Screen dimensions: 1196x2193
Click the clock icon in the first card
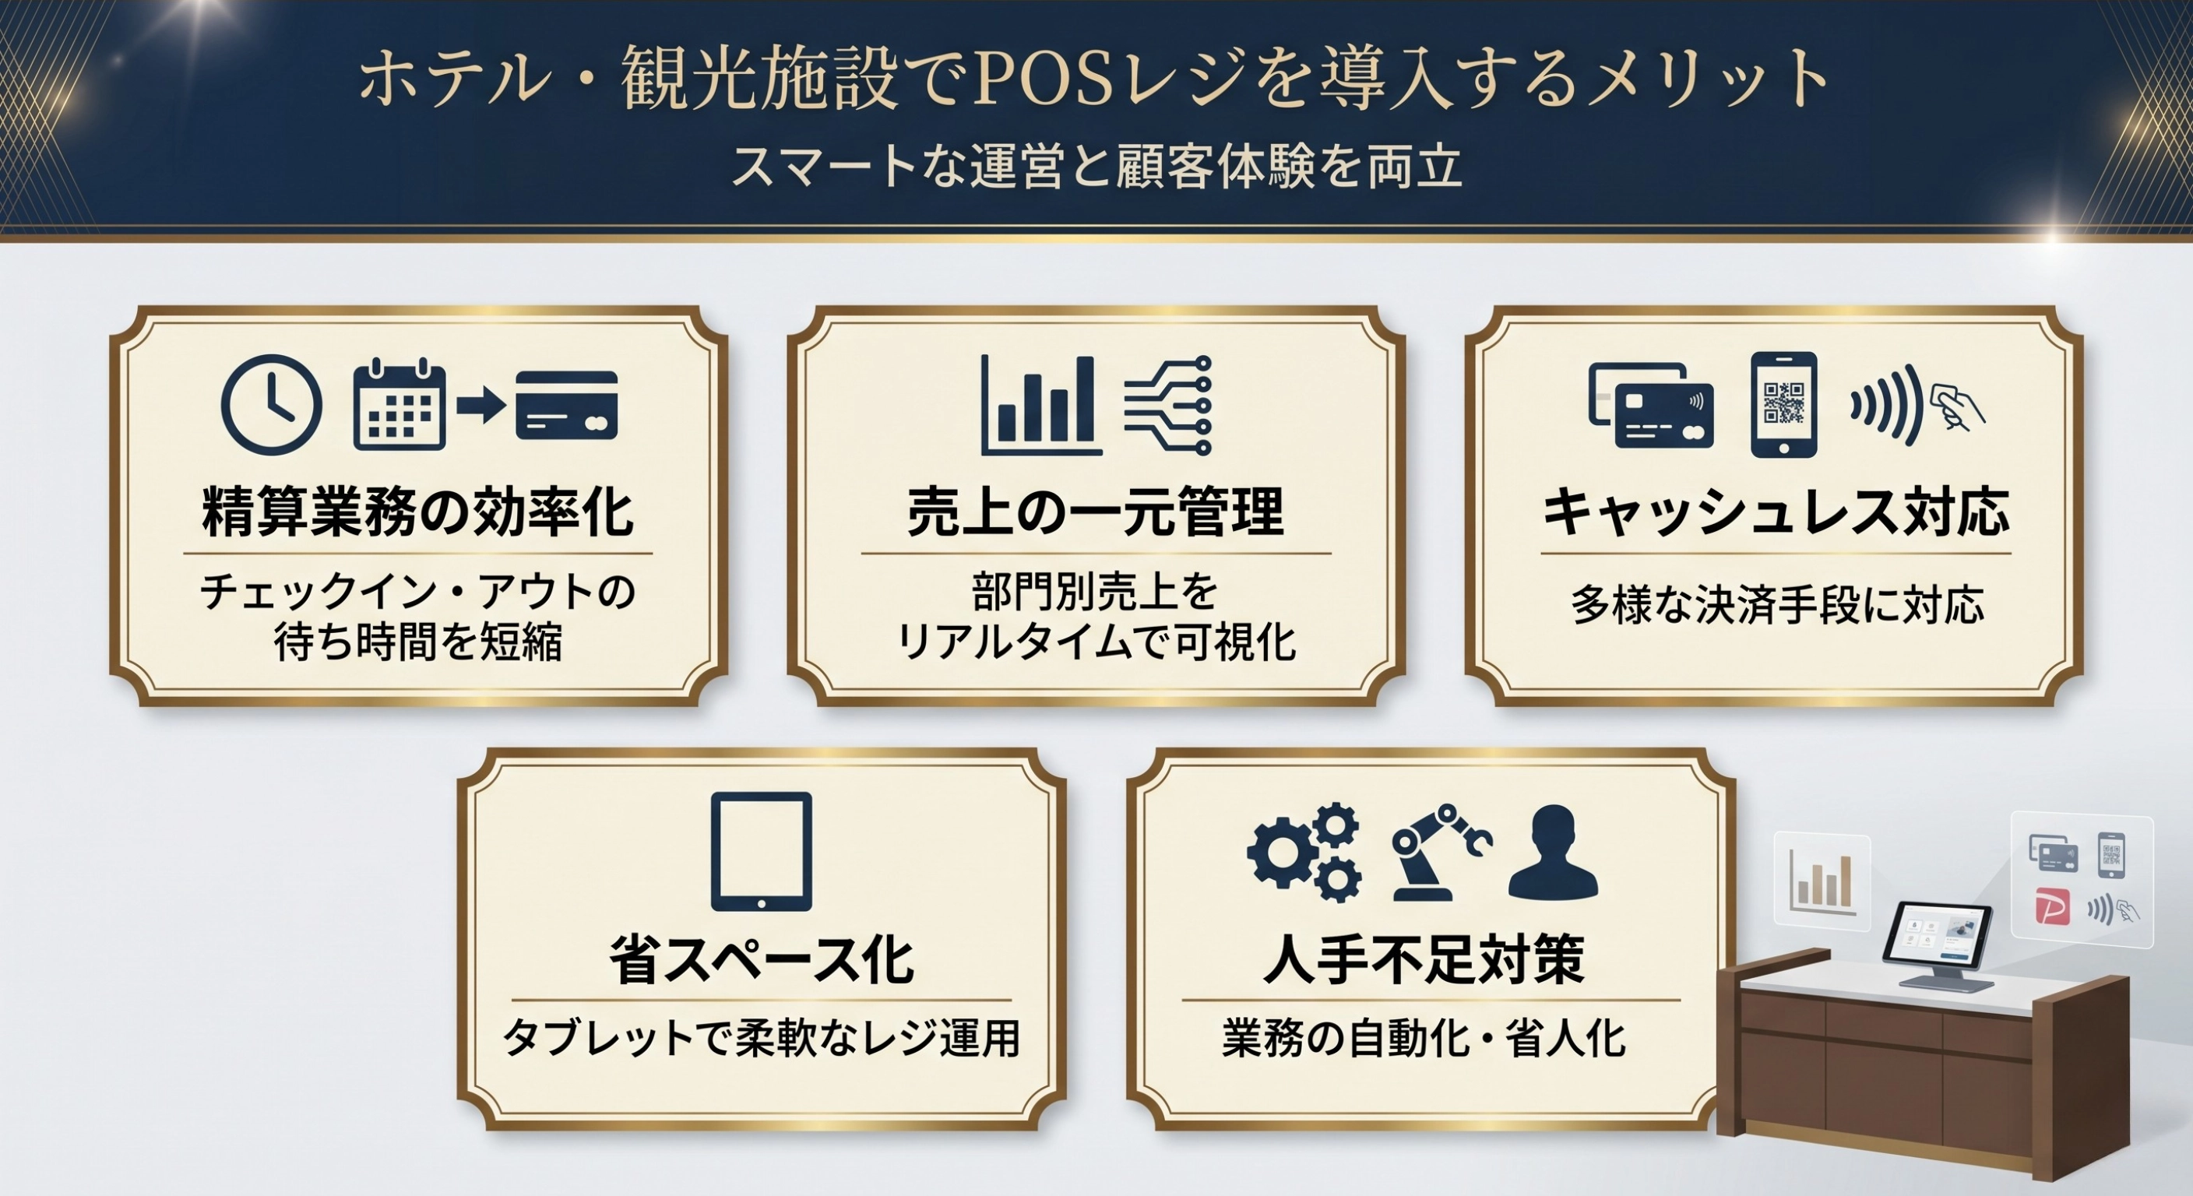pyautogui.click(x=271, y=404)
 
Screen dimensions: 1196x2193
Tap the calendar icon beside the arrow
pyautogui.click(x=399, y=405)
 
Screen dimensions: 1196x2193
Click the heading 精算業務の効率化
pyautogui.click(x=418, y=512)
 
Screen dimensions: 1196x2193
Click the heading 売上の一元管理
pyautogui.click(x=1096, y=512)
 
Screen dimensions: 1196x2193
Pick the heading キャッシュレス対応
pyautogui.click(x=1776, y=512)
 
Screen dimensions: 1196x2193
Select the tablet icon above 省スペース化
pyautogui.click(x=761, y=851)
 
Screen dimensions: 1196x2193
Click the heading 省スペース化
pyautogui.click(x=762, y=959)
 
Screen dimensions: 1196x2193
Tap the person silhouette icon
pyautogui.click(x=1553, y=852)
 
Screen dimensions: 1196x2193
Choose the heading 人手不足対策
pyautogui.click(x=1424, y=959)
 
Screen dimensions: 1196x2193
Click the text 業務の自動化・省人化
pyautogui.click(x=1424, y=1039)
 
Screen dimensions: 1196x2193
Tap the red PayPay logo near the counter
pyautogui.click(x=2053, y=906)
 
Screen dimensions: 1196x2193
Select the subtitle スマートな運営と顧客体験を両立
pyautogui.click(x=1096, y=166)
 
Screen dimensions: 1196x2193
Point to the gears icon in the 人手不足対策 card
pyautogui.click(x=1304, y=851)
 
